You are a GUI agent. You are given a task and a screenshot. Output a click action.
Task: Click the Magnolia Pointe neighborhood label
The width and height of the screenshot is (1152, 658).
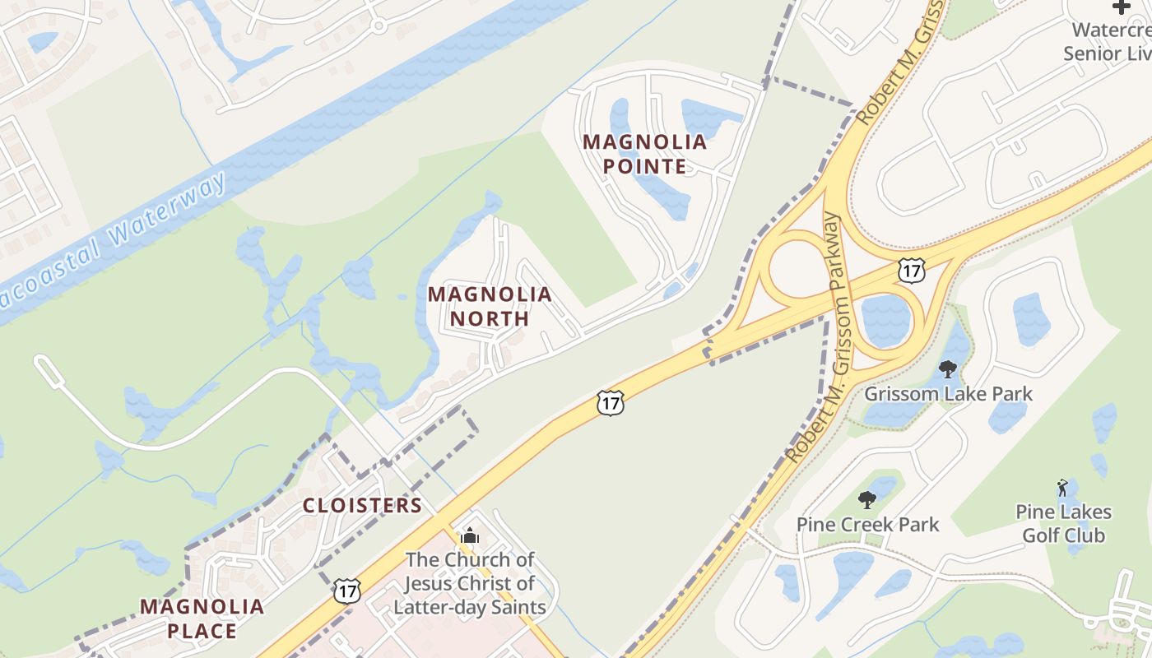(x=645, y=154)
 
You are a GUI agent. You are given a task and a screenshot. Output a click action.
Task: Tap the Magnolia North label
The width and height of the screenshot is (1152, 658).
(x=490, y=305)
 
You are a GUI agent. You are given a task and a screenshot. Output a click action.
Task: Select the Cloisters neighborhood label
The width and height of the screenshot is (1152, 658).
(x=362, y=505)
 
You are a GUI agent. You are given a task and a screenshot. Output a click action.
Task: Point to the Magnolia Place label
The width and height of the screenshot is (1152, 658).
(x=202, y=619)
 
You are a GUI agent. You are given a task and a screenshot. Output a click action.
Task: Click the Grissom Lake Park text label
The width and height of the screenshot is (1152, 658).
(x=948, y=393)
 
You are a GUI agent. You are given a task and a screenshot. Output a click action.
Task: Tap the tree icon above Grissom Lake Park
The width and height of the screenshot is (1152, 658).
(x=948, y=368)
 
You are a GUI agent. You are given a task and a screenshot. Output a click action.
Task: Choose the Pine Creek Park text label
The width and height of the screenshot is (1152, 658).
(x=867, y=524)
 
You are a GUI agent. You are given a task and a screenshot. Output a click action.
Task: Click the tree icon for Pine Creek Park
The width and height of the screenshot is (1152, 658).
(x=866, y=499)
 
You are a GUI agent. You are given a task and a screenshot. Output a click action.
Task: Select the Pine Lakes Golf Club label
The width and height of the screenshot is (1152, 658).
(x=1063, y=523)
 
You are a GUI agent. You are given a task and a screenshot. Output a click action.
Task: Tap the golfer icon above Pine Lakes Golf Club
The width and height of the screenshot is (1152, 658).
(x=1062, y=488)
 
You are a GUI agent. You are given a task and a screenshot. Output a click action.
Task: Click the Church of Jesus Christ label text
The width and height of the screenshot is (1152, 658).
(x=470, y=583)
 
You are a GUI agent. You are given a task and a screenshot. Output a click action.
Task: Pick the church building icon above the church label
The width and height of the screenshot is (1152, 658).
(x=470, y=537)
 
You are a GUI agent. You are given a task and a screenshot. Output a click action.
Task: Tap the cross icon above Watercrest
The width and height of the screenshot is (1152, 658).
(x=1122, y=7)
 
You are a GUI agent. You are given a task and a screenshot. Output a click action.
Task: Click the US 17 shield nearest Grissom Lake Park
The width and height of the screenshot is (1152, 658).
(x=912, y=270)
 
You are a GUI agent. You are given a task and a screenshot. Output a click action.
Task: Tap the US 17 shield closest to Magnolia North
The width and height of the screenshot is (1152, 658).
(x=610, y=403)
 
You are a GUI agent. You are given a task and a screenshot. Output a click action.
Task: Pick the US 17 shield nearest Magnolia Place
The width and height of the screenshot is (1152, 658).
(x=347, y=590)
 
